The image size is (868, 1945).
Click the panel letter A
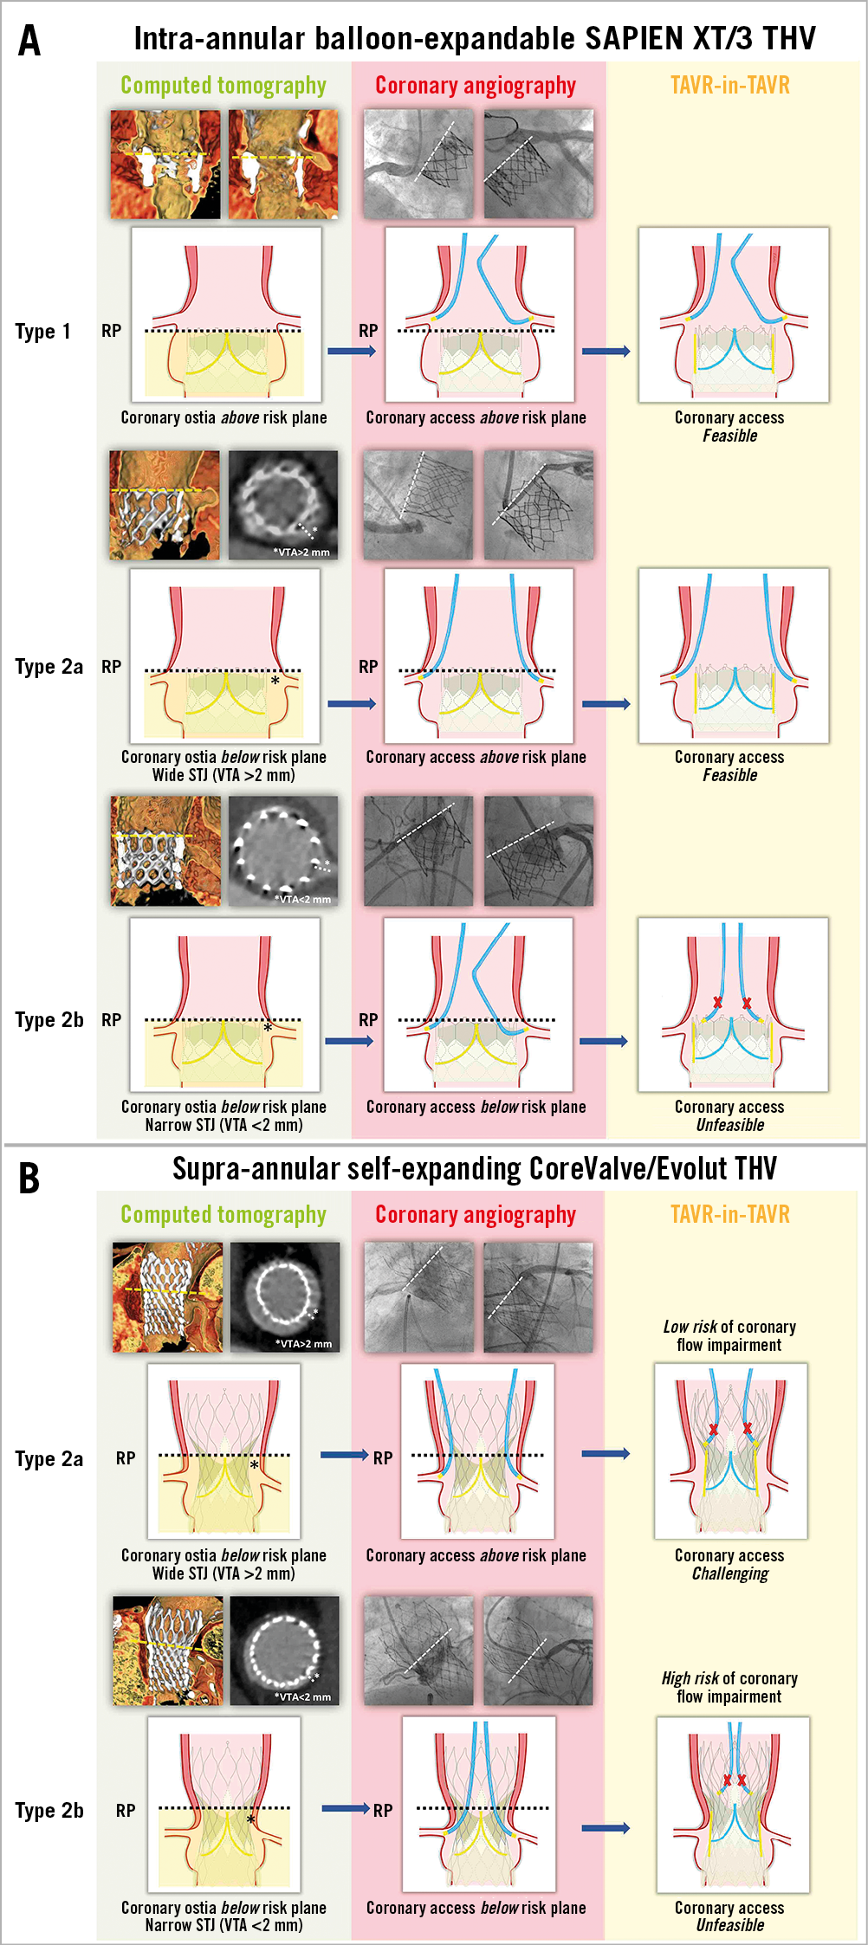click(29, 41)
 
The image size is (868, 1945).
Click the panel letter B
click(29, 1179)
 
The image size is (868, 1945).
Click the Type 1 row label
click(42, 332)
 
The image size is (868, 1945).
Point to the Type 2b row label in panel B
click(49, 1811)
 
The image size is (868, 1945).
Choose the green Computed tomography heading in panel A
click(223, 85)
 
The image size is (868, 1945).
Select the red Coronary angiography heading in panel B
click(475, 1214)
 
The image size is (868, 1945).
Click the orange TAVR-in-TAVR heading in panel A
click(729, 85)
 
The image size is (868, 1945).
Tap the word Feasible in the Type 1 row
click(729, 436)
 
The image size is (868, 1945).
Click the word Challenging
click(729, 1573)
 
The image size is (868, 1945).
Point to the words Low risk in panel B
click(690, 1327)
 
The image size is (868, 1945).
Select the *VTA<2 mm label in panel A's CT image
click(301, 899)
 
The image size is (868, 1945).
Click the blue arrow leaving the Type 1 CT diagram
click(351, 351)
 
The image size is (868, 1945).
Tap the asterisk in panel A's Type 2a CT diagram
click(275, 682)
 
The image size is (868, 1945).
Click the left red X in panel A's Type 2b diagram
click(717, 1003)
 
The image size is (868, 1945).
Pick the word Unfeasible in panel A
click(729, 1125)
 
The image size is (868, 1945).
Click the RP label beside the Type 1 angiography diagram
click(368, 331)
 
